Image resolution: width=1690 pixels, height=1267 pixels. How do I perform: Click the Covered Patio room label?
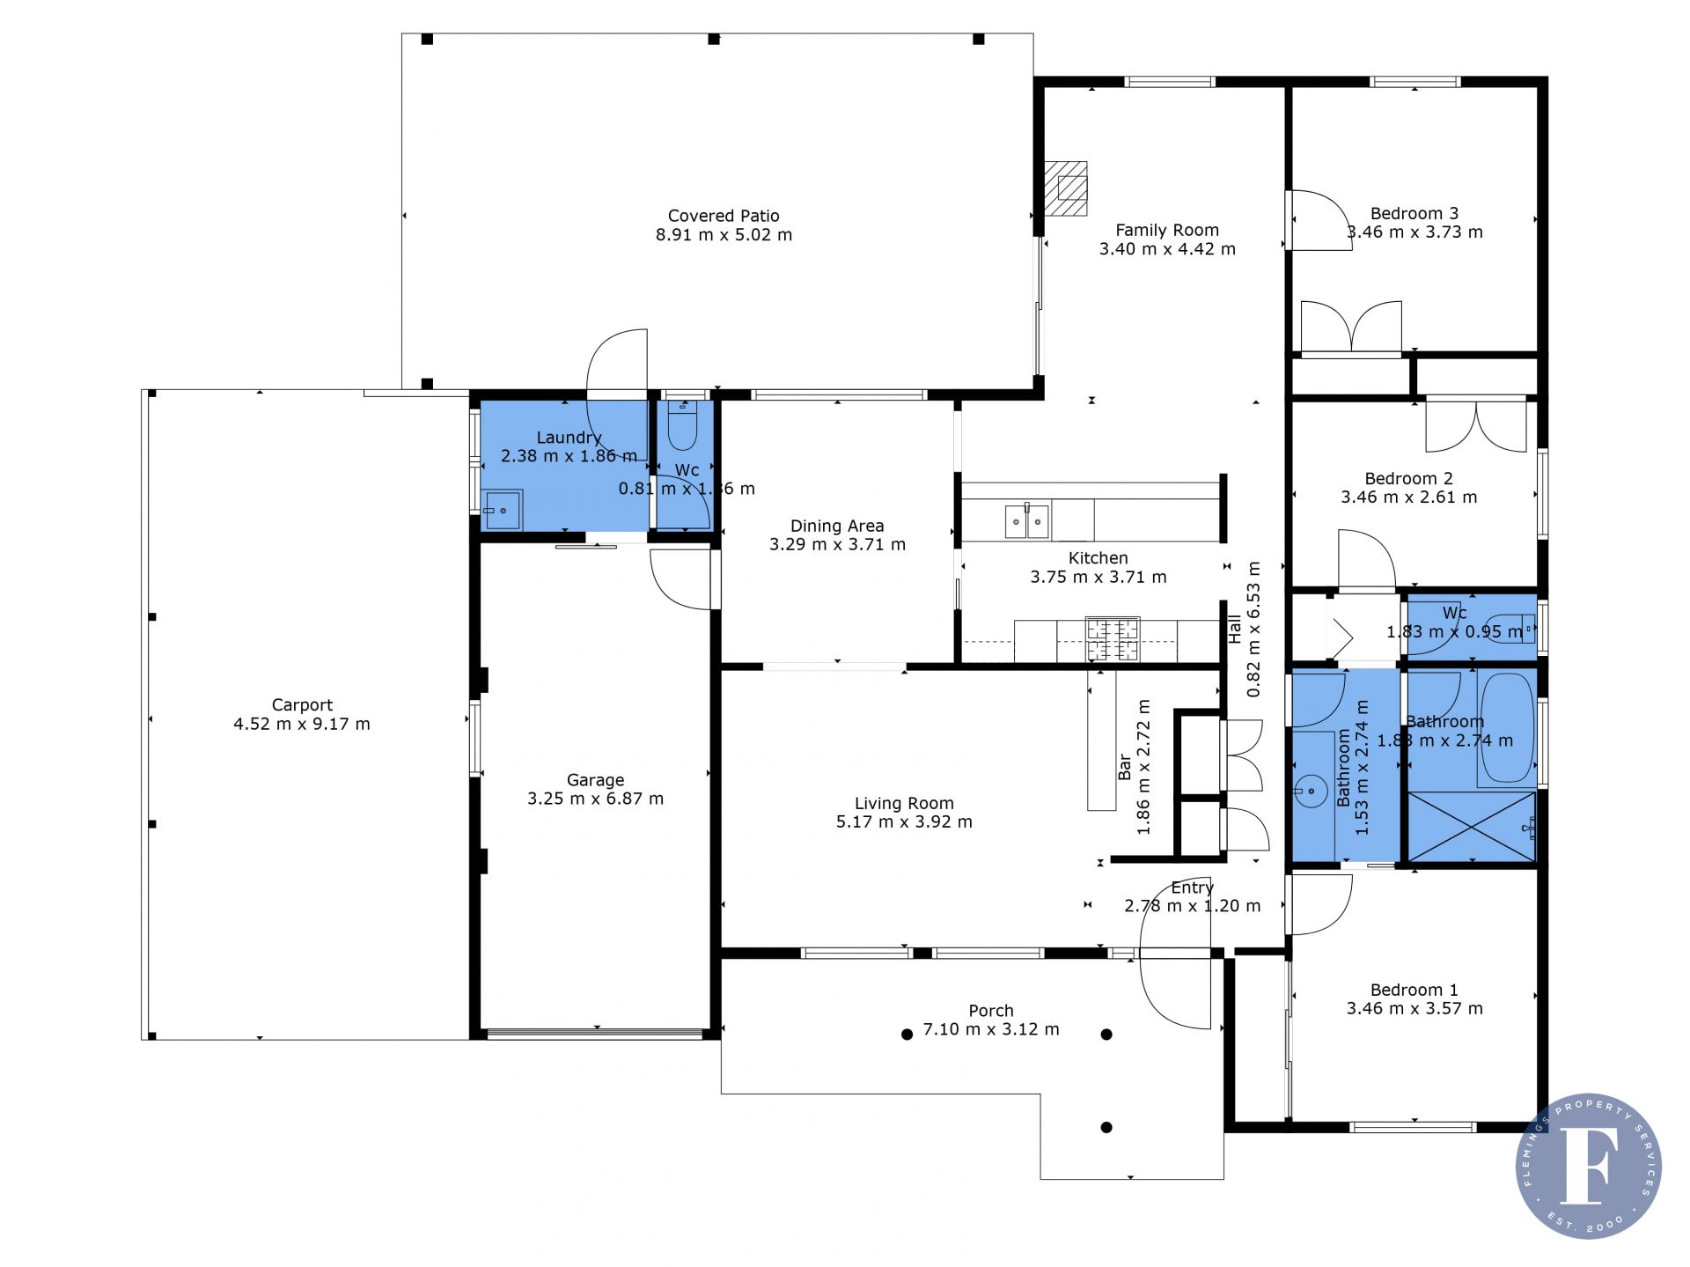click(724, 216)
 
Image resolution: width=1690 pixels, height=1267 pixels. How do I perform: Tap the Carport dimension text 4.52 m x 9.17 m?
click(302, 724)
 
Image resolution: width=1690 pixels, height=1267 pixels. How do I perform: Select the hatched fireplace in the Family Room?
click(1065, 188)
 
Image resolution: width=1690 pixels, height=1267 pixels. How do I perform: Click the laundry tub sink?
click(503, 511)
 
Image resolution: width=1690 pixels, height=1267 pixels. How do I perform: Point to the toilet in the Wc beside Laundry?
click(682, 428)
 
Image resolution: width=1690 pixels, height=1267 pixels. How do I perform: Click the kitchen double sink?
click(1028, 521)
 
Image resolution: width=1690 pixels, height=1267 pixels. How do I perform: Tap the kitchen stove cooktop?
click(1113, 640)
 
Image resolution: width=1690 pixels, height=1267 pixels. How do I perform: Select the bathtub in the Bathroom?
click(1507, 730)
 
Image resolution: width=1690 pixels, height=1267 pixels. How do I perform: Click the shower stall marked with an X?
click(1472, 827)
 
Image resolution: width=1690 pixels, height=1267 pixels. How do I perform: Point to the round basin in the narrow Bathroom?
click(1311, 791)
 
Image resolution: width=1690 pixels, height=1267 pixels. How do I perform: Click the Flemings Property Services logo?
click(1589, 1166)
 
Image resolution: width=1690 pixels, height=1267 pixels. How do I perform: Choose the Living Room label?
click(904, 803)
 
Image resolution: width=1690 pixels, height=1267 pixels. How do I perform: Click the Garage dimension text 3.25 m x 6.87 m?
click(595, 799)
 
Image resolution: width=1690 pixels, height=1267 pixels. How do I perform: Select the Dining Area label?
click(836, 526)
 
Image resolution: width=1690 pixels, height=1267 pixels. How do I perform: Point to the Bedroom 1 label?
click(1414, 990)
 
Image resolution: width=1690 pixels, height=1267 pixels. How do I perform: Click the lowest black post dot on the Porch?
click(1106, 1127)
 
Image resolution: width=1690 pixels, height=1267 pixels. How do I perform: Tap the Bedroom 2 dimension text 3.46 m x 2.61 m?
click(1408, 497)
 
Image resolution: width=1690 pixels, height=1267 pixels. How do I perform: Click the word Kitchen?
click(1098, 558)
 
